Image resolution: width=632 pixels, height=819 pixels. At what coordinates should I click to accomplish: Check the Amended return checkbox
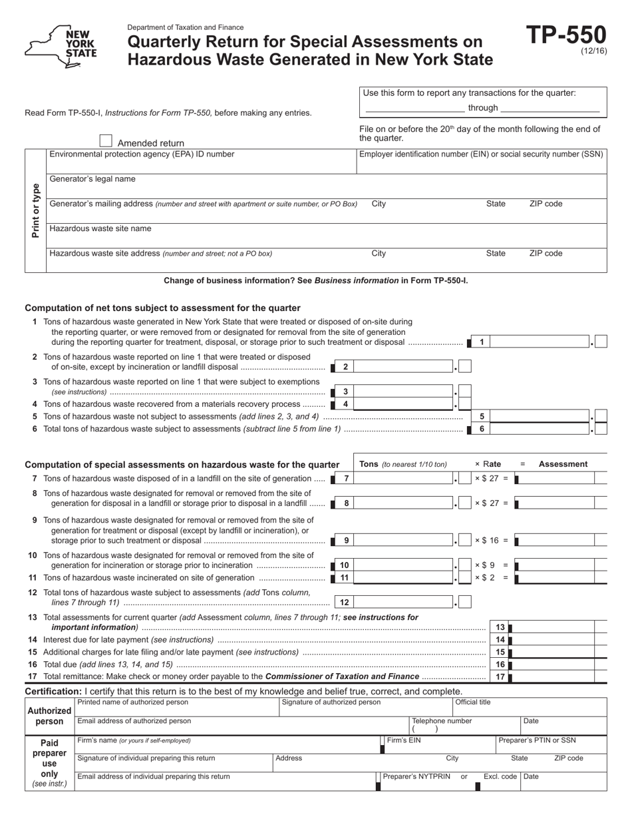pyautogui.click(x=106, y=140)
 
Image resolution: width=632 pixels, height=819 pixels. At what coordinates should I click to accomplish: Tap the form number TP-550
pyautogui.click(x=566, y=35)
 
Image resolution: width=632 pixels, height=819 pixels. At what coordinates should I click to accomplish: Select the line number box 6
pyautogui.click(x=482, y=429)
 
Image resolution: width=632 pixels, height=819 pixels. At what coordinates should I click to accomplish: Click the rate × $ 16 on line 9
pyautogui.click(x=491, y=541)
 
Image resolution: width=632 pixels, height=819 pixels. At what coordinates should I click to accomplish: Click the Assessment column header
pyautogui.click(x=563, y=464)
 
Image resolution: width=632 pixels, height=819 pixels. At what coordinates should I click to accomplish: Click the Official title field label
pyautogui.click(x=473, y=702)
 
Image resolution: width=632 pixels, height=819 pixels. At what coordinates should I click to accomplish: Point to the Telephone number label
pyautogui.click(x=442, y=720)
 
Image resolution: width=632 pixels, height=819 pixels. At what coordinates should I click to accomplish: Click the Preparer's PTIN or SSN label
pyautogui.click(x=537, y=740)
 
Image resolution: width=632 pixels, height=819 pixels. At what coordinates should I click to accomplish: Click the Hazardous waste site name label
pyautogui.click(x=100, y=228)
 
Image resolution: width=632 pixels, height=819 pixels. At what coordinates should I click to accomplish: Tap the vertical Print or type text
pyautogui.click(x=35, y=210)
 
